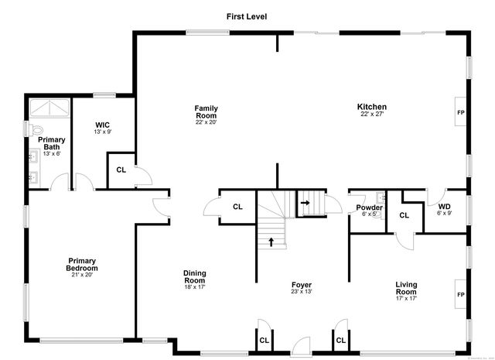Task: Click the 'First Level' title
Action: click(x=247, y=15)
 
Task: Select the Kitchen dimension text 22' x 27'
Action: click(x=371, y=115)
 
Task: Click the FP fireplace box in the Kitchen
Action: click(x=461, y=111)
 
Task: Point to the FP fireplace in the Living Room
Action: click(x=461, y=295)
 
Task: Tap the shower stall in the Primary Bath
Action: click(x=49, y=108)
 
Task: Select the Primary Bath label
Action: click(x=52, y=143)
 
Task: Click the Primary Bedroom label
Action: click(x=82, y=265)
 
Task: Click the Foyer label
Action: click(x=302, y=285)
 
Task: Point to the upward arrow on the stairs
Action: click(x=271, y=242)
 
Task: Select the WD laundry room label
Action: click(x=444, y=207)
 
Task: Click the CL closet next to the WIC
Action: click(x=121, y=170)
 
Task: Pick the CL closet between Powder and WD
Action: click(x=404, y=215)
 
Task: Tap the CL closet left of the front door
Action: click(x=264, y=339)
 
